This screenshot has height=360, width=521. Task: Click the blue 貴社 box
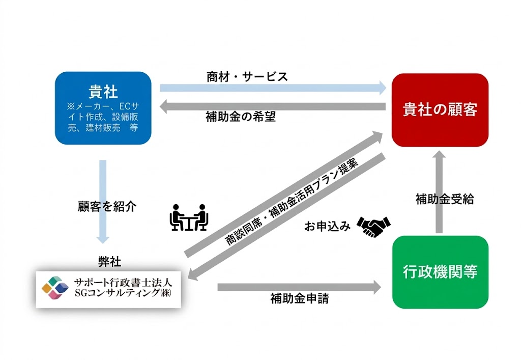tap(103, 108)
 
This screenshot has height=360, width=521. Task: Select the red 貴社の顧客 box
tap(440, 109)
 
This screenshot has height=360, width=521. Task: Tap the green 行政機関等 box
tap(440, 272)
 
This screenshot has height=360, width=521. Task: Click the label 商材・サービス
tap(247, 77)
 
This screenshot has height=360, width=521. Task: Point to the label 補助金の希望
tap(241, 117)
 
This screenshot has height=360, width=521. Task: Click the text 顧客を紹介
tap(107, 206)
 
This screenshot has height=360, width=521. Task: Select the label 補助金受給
tap(445, 199)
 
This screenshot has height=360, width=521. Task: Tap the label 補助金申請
tap(299, 298)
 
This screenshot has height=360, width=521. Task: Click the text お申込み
tap(327, 227)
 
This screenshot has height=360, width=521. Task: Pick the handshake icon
tap(373, 227)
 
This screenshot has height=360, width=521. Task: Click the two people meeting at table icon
tap(188, 217)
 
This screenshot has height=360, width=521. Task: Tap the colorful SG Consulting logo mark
tap(55, 288)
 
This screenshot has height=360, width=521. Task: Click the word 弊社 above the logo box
tap(110, 262)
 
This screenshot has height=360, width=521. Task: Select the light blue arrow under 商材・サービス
tap(273, 88)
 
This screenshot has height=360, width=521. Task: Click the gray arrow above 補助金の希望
tap(273, 106)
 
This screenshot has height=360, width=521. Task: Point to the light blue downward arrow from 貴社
tap(103, 202)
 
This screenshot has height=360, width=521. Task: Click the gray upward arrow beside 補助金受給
tap(439, 192)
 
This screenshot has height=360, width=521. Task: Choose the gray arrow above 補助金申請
tap(299, 287)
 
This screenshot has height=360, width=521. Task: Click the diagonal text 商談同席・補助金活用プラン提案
tap(292, 202)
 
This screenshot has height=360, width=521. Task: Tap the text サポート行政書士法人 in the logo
tap(123, 283)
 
